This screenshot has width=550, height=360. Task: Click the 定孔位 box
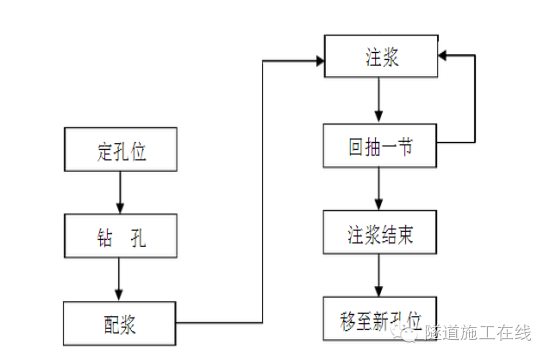(120, 150)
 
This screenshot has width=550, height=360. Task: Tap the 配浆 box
(120, 323)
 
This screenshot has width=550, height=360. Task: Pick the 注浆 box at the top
(379, 58)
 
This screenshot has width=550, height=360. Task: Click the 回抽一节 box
(379, 148)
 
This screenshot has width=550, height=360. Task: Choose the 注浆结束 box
(379, 236)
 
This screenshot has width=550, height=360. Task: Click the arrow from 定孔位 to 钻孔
(120, 191)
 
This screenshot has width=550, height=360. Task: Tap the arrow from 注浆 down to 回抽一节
(379, 101)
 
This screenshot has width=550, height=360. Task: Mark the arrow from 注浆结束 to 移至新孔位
(379, 276)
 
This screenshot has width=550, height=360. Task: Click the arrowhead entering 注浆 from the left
(319, 61)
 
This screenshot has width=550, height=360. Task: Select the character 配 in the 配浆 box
(110, 323)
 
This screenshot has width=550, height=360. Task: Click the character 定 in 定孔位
(102, 150)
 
